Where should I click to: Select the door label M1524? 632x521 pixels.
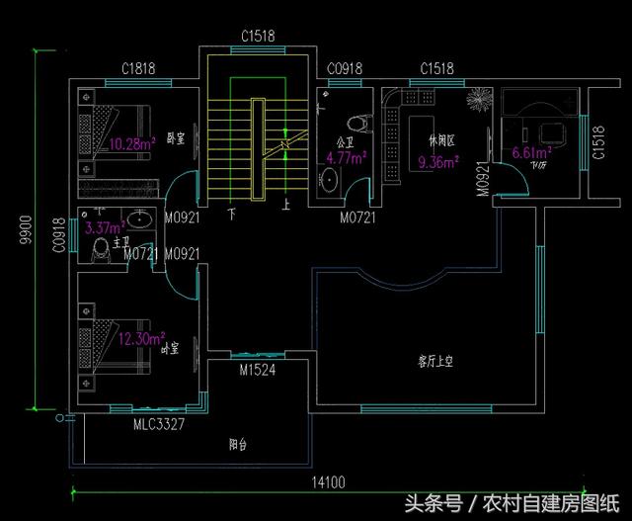click(257, 371)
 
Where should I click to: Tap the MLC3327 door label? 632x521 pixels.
click(159, 424)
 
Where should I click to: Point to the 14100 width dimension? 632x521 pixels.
click(328, 482)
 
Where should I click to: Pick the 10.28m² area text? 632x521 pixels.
click(131, 143)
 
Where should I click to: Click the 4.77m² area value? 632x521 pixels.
click(347, 155)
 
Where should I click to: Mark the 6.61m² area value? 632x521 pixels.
click(531, 153)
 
